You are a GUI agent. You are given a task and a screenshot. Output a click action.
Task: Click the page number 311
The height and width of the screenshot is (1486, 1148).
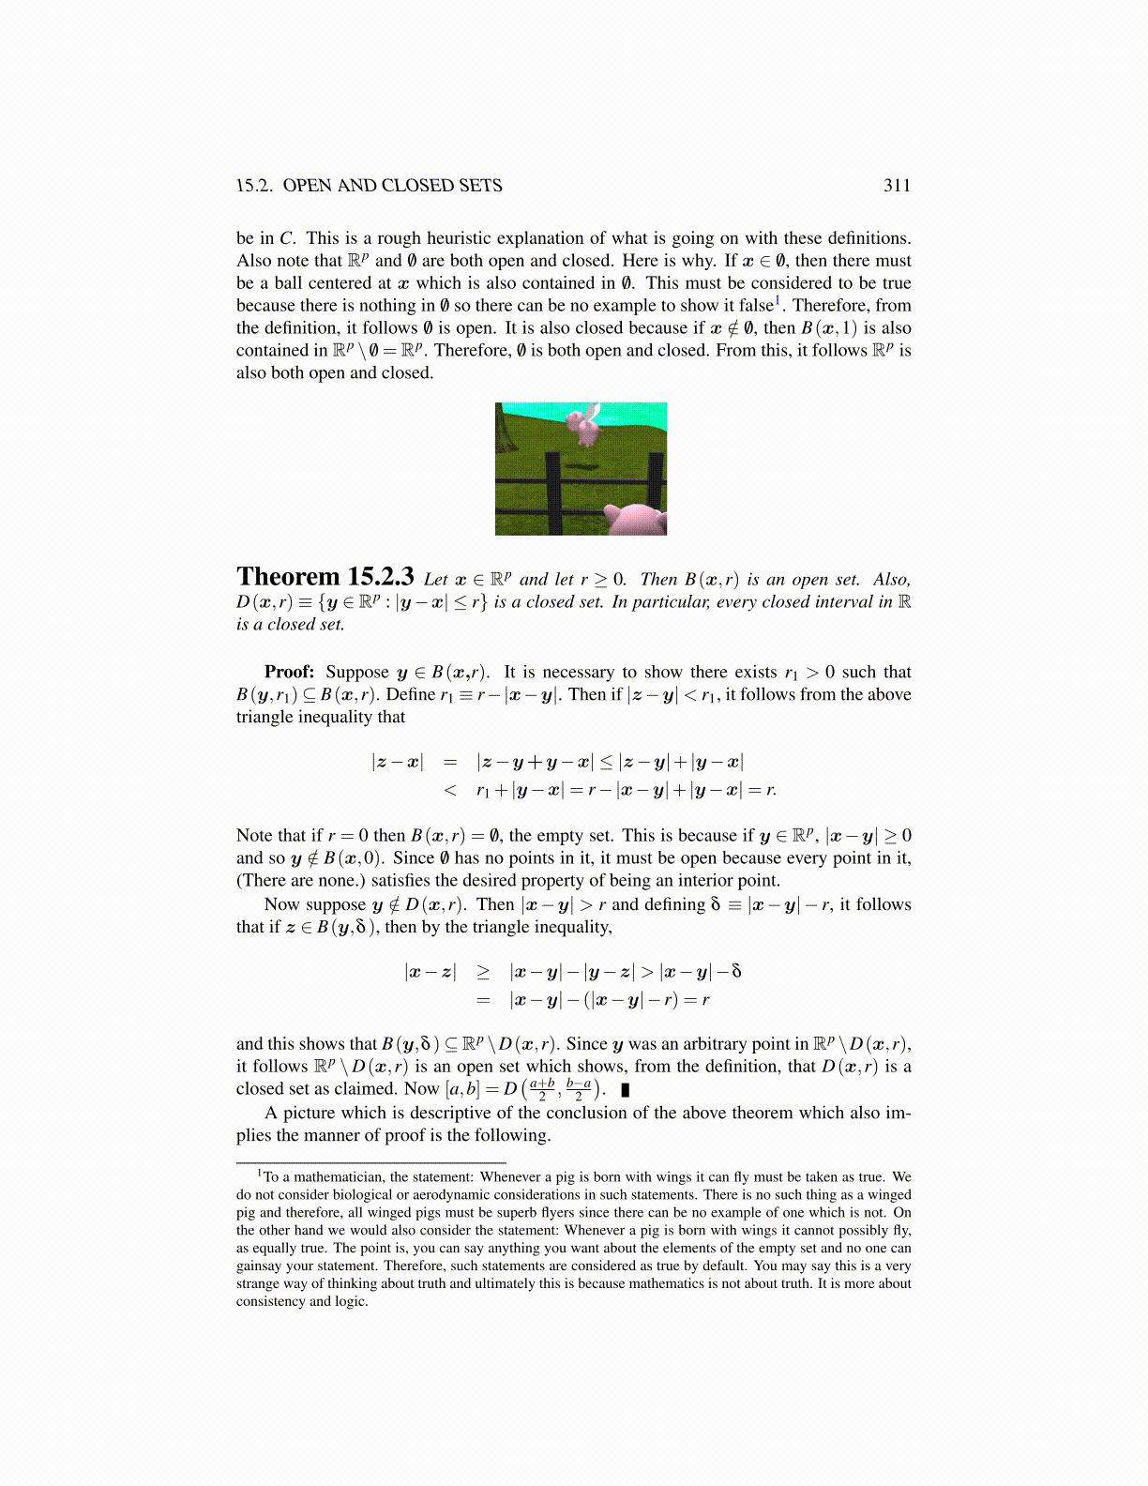[897, 186]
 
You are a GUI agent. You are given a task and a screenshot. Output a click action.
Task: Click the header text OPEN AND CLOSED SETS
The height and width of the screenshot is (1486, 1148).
[392, 186]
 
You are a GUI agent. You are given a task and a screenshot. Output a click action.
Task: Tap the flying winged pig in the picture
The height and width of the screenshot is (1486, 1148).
[584, 428]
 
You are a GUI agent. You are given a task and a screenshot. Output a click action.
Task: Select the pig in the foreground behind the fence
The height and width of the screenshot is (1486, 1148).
[632, 518]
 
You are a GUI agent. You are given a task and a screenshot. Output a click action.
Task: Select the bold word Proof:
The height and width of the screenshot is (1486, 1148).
[289, 672]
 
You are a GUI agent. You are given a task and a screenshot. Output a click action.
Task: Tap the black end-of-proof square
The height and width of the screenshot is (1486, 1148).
[626, 1090]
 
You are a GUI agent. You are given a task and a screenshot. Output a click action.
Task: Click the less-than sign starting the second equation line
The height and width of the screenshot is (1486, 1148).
[450, 790]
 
